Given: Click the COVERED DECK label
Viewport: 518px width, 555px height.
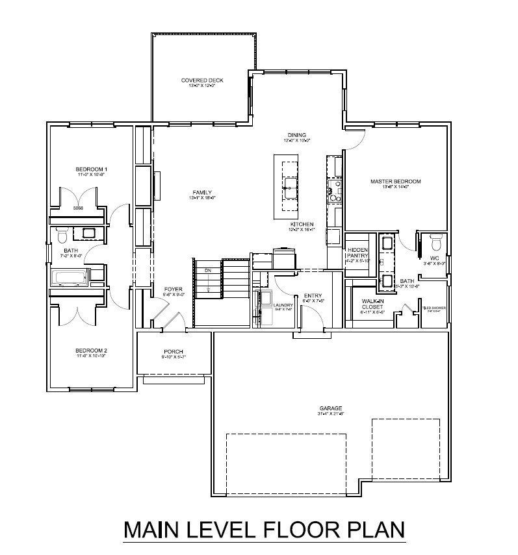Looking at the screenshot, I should click(202, 80).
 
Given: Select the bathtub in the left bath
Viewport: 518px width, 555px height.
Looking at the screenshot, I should click(70, 279).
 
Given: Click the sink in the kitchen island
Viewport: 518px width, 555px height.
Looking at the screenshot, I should click(287, 190).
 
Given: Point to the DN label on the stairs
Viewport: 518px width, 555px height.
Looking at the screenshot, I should click(208, 271).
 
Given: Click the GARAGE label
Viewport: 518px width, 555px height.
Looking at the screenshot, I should click(330, 408).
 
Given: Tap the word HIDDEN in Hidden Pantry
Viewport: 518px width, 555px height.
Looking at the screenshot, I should click(357, 250).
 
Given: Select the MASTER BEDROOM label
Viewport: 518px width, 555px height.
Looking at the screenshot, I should click(396, 182).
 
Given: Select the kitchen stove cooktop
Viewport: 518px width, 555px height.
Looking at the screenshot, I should click(336, 188).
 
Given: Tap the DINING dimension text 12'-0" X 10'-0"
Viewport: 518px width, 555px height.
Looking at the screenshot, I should click(297, 140).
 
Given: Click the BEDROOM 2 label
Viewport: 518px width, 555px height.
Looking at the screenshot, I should click(90, 351).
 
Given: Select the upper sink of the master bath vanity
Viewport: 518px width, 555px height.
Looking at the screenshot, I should click(386, 243).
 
